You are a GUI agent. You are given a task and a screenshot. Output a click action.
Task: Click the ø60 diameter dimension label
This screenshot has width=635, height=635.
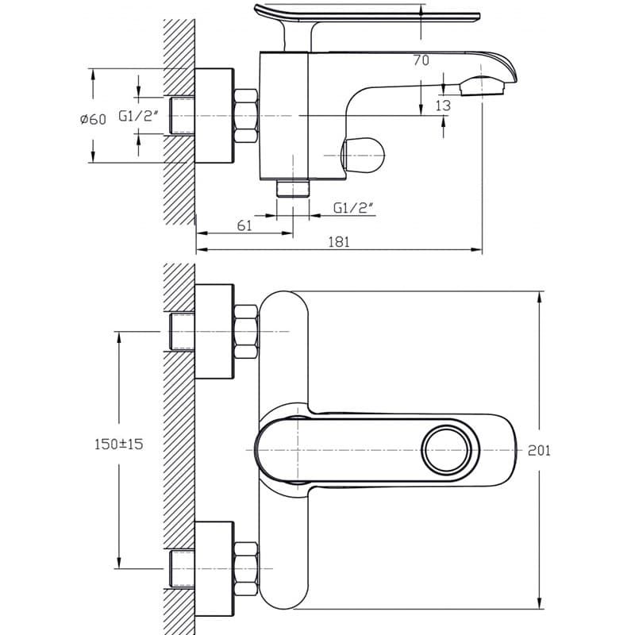coord(93,119)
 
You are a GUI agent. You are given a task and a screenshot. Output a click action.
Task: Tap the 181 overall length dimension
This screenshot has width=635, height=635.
coord(339,242)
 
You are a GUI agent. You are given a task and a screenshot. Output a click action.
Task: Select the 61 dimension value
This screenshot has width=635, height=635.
coord(244,225)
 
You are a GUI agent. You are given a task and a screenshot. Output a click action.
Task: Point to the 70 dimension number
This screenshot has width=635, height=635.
coord(421,60)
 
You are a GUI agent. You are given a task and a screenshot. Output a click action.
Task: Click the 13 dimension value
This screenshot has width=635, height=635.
coord(443,106)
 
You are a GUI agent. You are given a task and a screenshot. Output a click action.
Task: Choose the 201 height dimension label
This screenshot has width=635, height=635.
coord(539,450)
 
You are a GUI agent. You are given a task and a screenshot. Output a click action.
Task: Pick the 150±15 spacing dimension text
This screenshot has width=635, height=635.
coord(118,444)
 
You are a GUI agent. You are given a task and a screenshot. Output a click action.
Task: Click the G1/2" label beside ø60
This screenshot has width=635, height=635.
coord(138,116)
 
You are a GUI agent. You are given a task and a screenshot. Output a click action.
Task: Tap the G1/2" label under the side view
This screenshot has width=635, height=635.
coord(352,208)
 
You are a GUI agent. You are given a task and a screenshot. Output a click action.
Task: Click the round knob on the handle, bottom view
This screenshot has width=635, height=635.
coord(447,450)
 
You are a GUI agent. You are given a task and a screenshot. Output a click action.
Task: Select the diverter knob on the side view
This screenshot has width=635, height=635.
coord(363,155)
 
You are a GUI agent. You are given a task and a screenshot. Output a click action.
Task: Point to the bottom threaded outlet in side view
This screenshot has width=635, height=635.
coord(293,188)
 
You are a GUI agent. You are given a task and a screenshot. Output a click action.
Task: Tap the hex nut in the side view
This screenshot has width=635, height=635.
coord(246,116)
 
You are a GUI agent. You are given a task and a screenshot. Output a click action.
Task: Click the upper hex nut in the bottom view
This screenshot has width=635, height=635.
coord(246,332)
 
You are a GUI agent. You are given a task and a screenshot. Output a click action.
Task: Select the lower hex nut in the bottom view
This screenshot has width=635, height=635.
coord(246,569)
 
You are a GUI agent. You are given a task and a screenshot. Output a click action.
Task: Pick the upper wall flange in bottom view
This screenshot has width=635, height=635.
coord(214,332)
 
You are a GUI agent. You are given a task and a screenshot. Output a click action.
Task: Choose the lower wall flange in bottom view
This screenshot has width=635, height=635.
coord(214,569)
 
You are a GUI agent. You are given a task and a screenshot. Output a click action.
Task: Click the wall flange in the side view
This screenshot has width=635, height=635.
coord(214,116)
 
